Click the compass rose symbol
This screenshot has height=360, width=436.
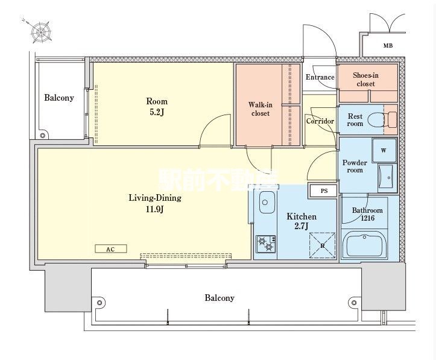(x=41, y=32)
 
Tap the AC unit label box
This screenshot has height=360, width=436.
(x=111, y=249)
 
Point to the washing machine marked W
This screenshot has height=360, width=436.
(x=384, y=150)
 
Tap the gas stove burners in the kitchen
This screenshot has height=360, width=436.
(x=266, y=244)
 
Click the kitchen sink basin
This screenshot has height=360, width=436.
(x=267, y=202)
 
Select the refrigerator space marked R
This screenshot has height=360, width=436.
(x=323, y=246)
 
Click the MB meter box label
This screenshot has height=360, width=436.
(x=388, y=45)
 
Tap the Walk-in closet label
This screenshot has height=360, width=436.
(x=261, y=109)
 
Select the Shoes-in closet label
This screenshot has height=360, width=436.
(x=365, y=80)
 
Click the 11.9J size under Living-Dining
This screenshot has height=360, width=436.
(x=154, y=209)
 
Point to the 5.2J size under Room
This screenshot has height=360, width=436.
(x=157, y=112)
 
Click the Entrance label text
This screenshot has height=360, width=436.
(x=320, y=77)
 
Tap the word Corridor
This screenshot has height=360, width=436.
(x=320, y=121)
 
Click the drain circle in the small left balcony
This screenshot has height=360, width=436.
(x=43, y=136)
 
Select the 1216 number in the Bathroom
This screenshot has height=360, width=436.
(x=368, y=218)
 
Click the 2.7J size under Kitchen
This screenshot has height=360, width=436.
(x=302, y=226)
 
